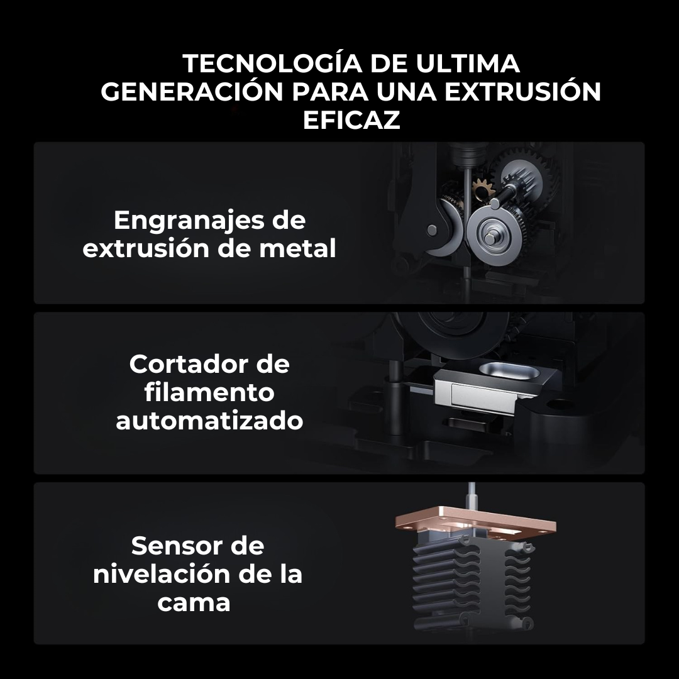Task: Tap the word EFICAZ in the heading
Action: [351, 119]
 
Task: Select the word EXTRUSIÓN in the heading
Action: [522, 91]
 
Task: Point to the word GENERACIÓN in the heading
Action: [192, 91]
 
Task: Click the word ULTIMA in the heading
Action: [468, 63]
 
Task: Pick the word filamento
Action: [209, 392]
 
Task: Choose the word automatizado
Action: [209, 421]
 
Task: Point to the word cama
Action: [194, 603]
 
